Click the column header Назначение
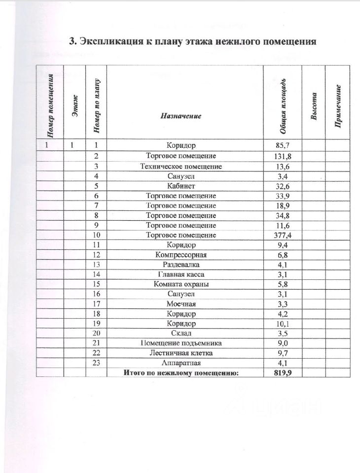point(181,116)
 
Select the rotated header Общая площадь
point(284,105)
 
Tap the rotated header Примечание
point(339,106)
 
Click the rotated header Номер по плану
point(97,105)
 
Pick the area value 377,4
point(283,235)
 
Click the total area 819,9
point(283,373)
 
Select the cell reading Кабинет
point(181,186)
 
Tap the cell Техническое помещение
point(181,166)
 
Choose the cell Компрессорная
point(181,255)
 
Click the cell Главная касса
point(181,274)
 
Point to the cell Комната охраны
point(181,284)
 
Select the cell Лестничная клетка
point(181,353)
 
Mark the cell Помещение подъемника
point(181,343)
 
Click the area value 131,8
point(283,156)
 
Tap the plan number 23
point(97,363)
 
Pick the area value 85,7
point(283,145)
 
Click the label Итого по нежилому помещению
point(181,373)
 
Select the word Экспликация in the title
point(106,41)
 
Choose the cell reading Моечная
point(181,304)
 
